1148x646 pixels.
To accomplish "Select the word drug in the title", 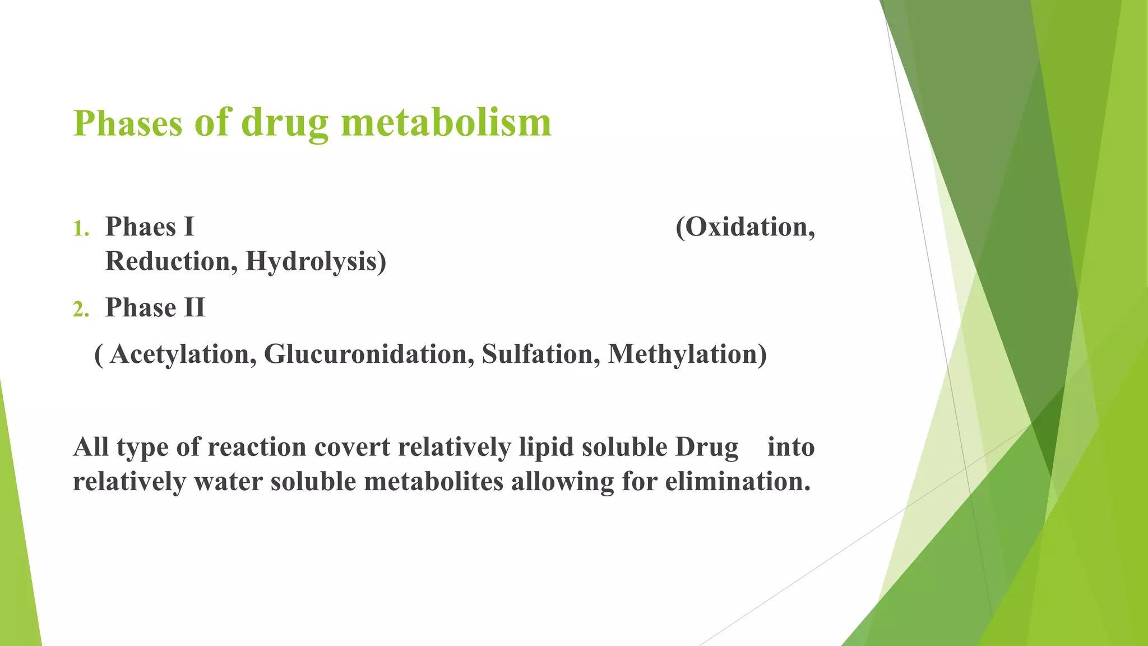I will coord(285,124).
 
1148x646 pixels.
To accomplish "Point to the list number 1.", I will coord(81,229).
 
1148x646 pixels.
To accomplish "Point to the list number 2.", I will coord(81,309).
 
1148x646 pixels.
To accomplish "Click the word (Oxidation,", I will coord(745,228).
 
